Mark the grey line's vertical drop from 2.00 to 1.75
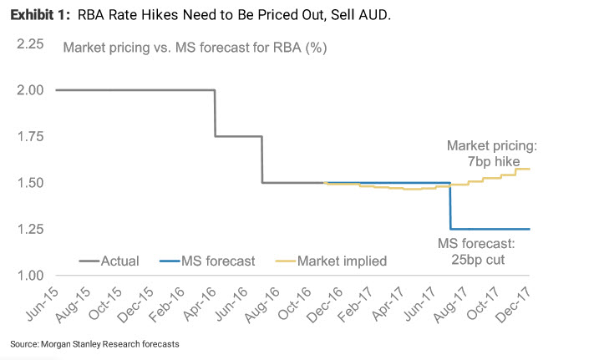tap(216, 113)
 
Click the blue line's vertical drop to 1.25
tap(450, 205)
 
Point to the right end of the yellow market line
tap(530, 169)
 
